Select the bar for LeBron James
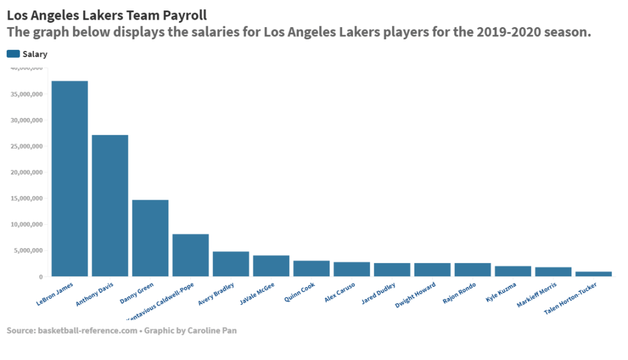pos(69,179)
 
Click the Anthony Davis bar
pos(110,206)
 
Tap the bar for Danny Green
pos(150,238)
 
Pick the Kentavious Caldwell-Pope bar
pos(190,256)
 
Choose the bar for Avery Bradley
pos(231,264)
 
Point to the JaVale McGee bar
pos(271,266)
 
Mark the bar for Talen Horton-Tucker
pos(594,274)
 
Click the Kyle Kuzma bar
pos(513,272)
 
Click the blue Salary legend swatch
pos(13,54)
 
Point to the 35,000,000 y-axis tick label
pos(26,94)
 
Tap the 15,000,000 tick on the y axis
pos(26,198)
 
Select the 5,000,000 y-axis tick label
pos(28,251)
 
